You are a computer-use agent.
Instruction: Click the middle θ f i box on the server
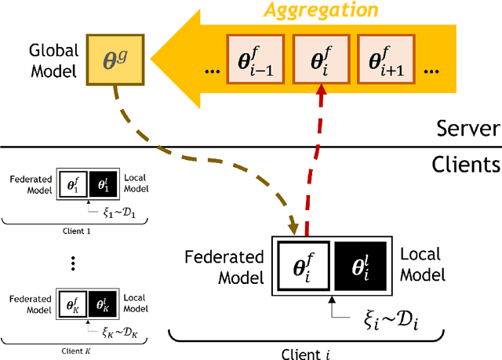pyautogui.click(x=319, y=60)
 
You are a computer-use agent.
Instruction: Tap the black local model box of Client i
pyautogui.click(x=362, y=265)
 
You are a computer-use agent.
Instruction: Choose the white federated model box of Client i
pyautogui.click(x=302, y=265)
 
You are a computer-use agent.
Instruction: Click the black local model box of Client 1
pyautogui.click(x=102, y=184)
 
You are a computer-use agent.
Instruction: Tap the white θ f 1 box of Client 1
pyautogui.click(x=72, y=184)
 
